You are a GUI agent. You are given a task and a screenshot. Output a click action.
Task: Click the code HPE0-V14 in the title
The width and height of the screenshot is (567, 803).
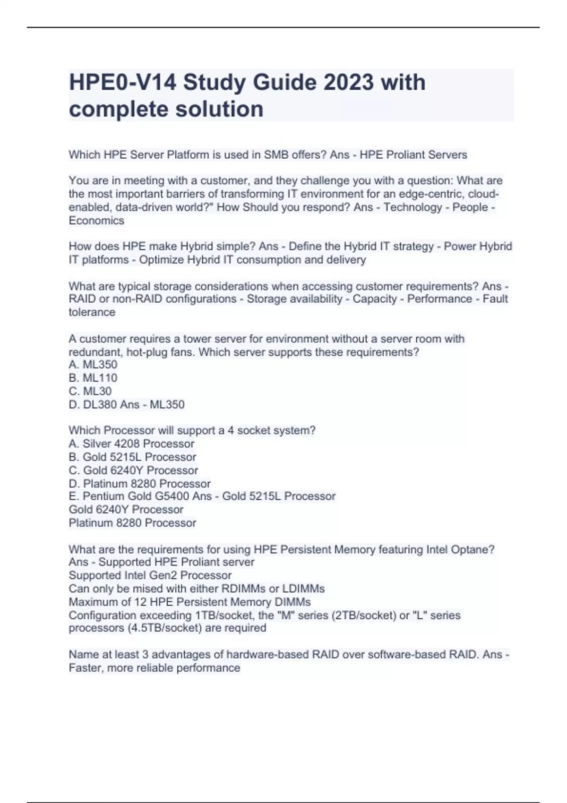point(122,83)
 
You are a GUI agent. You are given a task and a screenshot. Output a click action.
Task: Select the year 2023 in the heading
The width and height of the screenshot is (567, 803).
point(349,83)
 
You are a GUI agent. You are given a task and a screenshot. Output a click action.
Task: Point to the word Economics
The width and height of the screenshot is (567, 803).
point(96,221)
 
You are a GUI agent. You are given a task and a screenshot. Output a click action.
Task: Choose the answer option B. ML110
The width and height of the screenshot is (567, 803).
point(93,378)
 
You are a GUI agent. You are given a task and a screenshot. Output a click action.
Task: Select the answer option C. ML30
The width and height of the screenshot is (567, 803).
point(90,391)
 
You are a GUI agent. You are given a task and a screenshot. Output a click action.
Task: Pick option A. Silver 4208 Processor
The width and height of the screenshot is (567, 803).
point(131,444)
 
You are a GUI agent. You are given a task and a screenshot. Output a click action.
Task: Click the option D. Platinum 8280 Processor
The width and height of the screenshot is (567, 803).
point(140,484)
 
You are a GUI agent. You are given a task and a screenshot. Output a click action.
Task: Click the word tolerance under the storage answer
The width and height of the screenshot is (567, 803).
point(92,312)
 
